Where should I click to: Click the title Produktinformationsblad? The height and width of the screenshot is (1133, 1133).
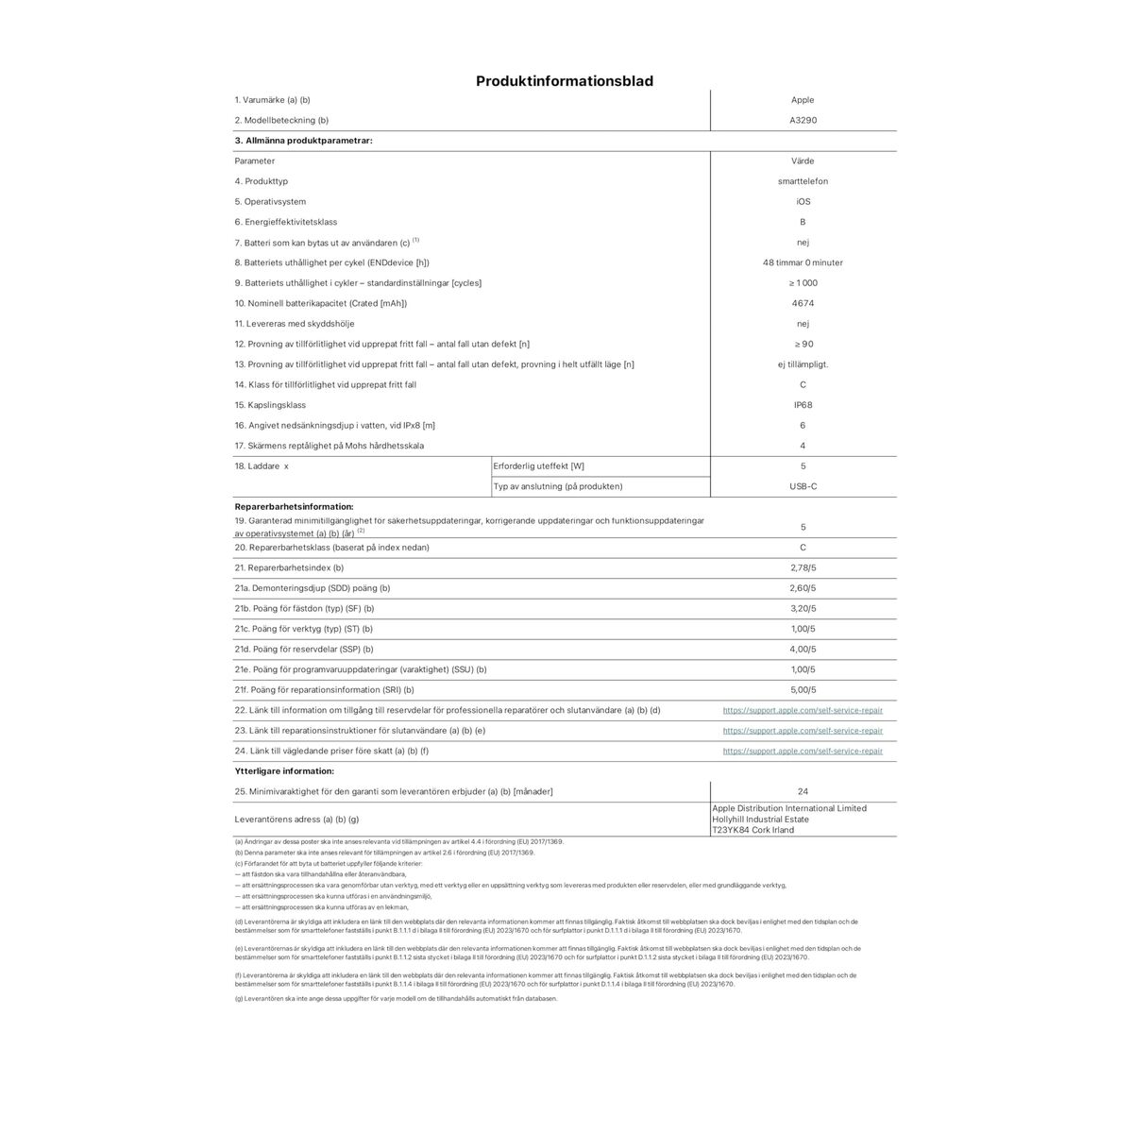(x=565, y=81)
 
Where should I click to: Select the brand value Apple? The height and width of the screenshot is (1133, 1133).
(x=803, y=100)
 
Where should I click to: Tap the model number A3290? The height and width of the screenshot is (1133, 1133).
(x=803, y=121)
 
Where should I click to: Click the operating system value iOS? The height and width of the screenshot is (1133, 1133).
(x=803, y=202)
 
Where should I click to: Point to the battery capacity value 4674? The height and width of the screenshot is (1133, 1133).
(x=803, y=304)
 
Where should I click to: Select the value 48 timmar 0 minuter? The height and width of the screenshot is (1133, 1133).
(x=803, y=263)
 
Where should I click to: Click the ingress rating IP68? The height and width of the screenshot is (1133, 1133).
(x=803, y=405)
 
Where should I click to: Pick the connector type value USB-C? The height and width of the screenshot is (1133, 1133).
(x=803, y=486)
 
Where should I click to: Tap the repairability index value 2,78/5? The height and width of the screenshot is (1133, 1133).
(x=803, y=568)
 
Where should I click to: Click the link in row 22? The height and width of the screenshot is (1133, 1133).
(x=803, y=710)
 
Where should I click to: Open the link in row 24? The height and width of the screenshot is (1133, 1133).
(x=803, y=752)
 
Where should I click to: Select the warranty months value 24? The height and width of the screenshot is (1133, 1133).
(x=803, y=792)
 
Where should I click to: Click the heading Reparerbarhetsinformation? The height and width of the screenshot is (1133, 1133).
(x=294, y=507)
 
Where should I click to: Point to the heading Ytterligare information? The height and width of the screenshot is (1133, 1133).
(x=284, y=771)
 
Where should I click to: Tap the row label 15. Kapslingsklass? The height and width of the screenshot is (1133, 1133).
(x=270, y=405)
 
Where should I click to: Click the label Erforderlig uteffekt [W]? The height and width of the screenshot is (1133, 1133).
(x=539, y=466)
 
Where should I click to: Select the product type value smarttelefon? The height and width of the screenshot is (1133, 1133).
(x=803, y=181)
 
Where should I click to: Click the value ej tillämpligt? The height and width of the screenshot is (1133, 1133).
(x=803, y=364)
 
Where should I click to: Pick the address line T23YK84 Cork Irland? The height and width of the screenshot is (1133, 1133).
(x=753, y=831)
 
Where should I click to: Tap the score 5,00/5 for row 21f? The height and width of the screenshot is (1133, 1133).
(x=803, y=690)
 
